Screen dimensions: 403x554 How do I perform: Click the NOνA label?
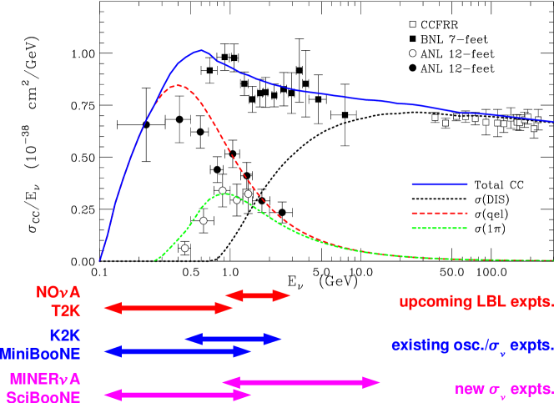[58, 293]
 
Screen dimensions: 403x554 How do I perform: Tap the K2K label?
[64, 335]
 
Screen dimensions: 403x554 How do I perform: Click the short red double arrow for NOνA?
[257, 295]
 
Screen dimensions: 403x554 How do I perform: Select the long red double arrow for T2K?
[168, 308]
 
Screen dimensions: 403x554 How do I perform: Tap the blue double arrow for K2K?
[233, 338]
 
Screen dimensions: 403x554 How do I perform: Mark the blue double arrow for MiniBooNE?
[177, 351]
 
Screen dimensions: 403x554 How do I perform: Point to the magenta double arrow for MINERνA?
[301, 382]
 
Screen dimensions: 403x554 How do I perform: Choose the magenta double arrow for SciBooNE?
[177, 395]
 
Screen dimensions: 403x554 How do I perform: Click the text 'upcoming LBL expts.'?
[476, 301]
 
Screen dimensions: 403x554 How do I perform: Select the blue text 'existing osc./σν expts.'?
[471, 345]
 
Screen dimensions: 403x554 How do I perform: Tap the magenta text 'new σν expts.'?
[503, 389]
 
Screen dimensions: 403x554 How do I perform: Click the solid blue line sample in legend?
[439, 184]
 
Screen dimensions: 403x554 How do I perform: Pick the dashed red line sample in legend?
[439, 213]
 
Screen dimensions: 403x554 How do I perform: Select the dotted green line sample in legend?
[439, 228]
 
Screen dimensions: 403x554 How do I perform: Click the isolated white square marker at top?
[412, 24]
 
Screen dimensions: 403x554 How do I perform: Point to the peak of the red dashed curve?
[176, 85]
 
